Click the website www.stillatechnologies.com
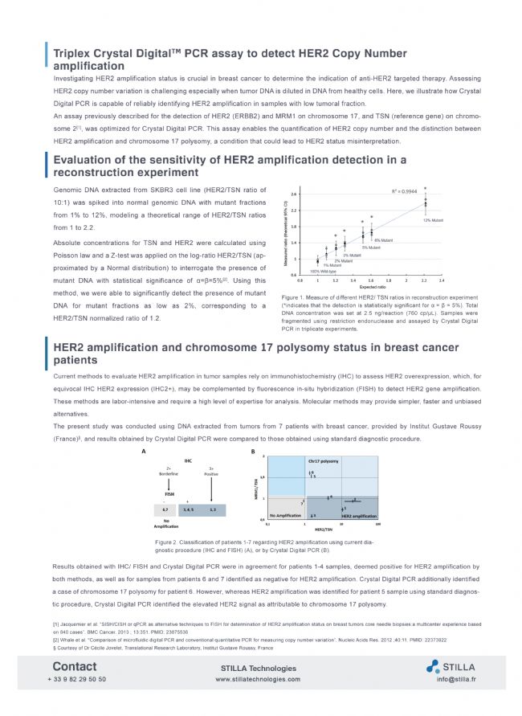coord(259,679)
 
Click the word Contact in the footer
coord(75,666)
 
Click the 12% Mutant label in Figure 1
coord(432,219)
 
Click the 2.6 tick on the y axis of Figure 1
coord(295,194)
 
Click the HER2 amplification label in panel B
coord(359,515)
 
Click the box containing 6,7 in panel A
coord(165,509)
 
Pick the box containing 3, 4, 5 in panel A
coord(189,509)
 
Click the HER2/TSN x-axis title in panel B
coord(324,528)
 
